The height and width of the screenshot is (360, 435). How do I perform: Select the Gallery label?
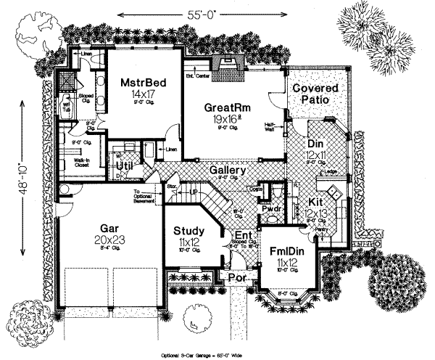tap(225, 170)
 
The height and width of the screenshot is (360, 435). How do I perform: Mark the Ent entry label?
tap(243, 237)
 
